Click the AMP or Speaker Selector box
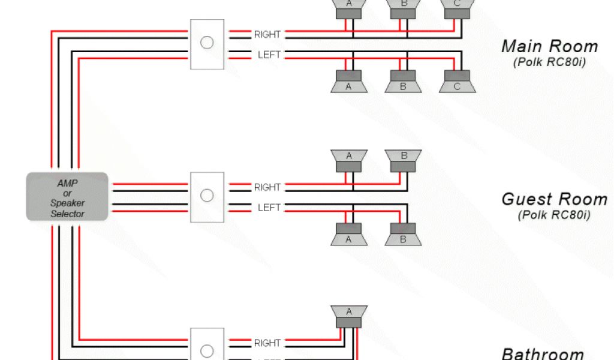pyautogui.click(x=67, y=197)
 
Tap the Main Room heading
pyautogui.click(x=549, y=46)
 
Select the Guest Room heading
pyautogui.click(x=554, y=199)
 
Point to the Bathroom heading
pyautogui.click(x=542, y=354)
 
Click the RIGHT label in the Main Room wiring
pyautogui.click(x=267, y=35)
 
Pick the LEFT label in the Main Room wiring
pyautogui.click(x=269, y=55)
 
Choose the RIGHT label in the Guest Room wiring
pyautogui.click(x=267, y=187)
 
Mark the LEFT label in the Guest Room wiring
pyautogui.click(x=269, y=208)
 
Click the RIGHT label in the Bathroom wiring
pyautogui.click(x=267, y=343)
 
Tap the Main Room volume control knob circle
pyautogui.click(x=207, y=43)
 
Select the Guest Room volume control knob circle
pyautogui.click(x=207, y=196)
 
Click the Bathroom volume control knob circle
pyautogui.click(x=207, y=351)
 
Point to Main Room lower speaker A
pyautogui.click(x=348, y=82)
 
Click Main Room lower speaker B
pyautogui.click(x=403, y=82)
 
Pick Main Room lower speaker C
pyautogui.click(x=457, y=82)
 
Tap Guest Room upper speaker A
pyautogui.click(x=349, y=160)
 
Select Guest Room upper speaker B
pyautogui.click(x=404, y=160)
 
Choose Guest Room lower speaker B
pyautogui.click(x=403, y=235)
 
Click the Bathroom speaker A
pyautogui.click(x=349, y=316)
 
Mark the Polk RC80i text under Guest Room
pyautogui.click(x=554, y=214)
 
